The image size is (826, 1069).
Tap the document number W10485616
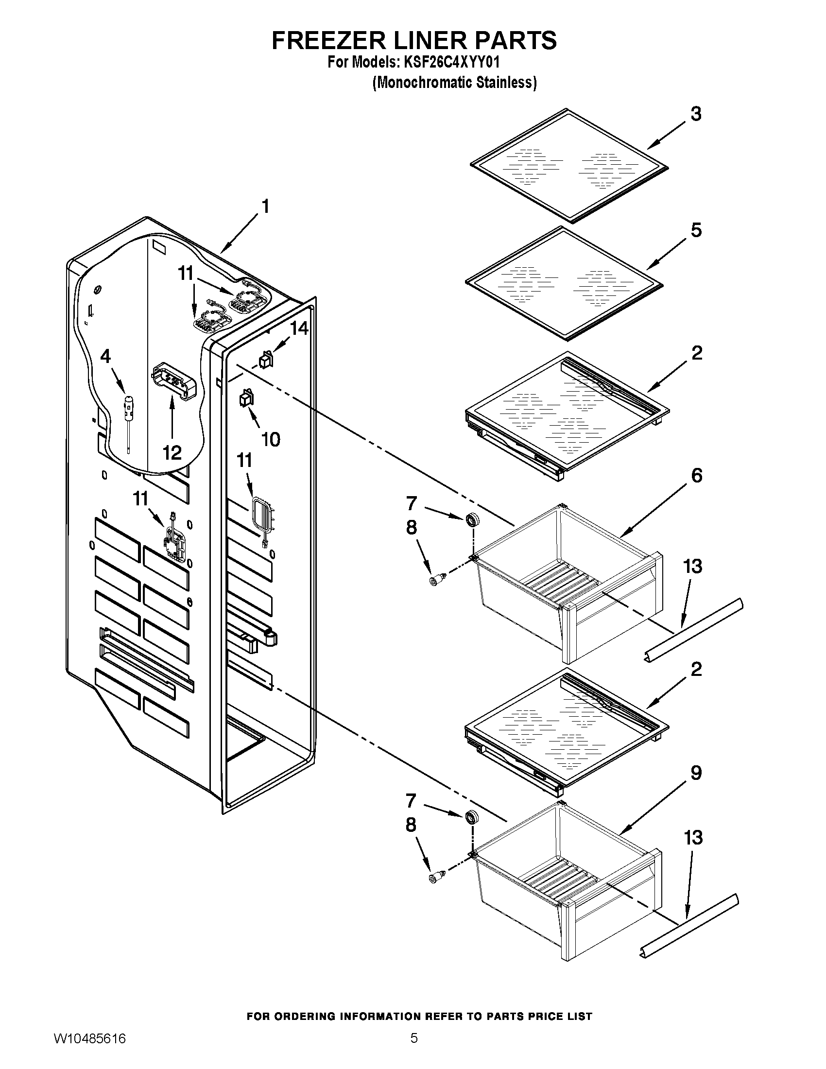89,1049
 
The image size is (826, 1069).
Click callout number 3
695,114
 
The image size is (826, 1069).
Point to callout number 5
695,230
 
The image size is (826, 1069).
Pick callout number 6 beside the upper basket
696,475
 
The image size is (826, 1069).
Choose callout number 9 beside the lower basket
695,773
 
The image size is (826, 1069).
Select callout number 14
299,328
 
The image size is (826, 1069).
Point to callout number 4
105,356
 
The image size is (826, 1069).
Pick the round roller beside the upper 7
472,520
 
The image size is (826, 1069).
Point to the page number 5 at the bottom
414,1048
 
